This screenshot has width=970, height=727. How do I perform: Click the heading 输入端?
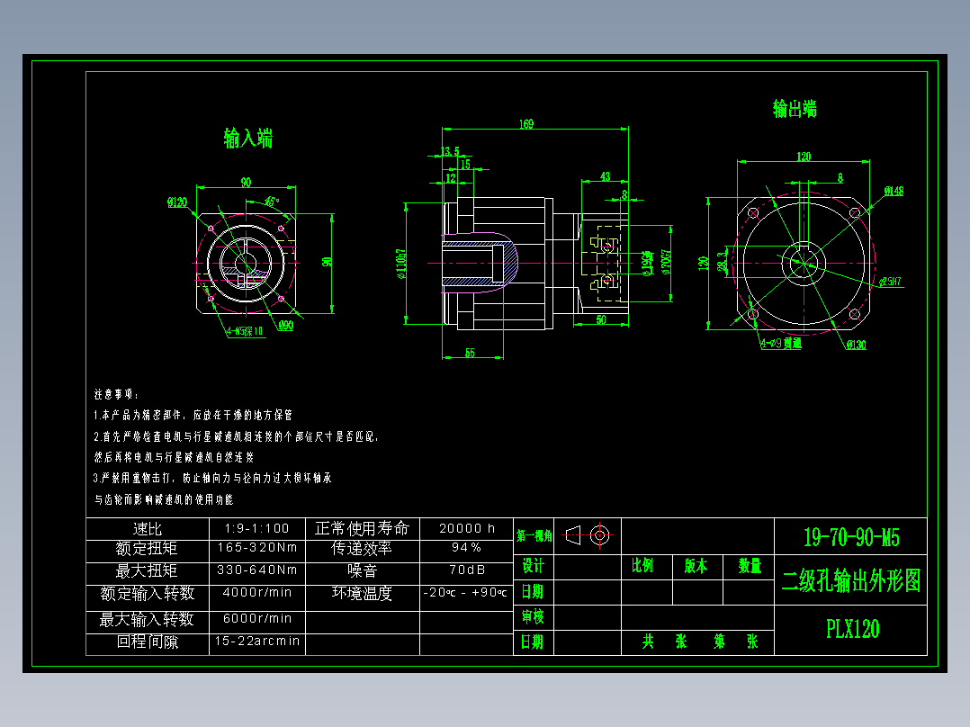point(247,139)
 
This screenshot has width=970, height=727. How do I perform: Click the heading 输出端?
point(795,109)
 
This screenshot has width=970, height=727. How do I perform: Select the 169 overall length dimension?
point(525,124)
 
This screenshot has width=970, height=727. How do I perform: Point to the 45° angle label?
point(272,202)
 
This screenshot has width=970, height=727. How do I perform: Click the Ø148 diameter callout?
point(894,191)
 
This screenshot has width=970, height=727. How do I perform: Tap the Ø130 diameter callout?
point(856,346)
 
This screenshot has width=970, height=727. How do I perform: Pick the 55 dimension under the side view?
point(470,353)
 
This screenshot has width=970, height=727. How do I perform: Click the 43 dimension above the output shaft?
point(605,176)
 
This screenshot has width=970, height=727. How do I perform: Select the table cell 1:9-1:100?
point(256,528)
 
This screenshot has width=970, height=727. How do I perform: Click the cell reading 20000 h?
point(466,528)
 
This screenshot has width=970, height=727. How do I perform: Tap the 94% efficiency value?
point(466,548)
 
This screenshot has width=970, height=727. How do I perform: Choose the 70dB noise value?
point(466,570)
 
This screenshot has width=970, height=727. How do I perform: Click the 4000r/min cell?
point(256,593)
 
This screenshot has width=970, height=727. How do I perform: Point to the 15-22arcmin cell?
point(256,642)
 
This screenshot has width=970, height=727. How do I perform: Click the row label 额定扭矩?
point(147,548)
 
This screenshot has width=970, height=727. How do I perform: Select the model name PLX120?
point(852,629)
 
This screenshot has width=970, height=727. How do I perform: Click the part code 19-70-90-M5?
point(850,538)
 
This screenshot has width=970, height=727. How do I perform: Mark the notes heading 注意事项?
point(117,395)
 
